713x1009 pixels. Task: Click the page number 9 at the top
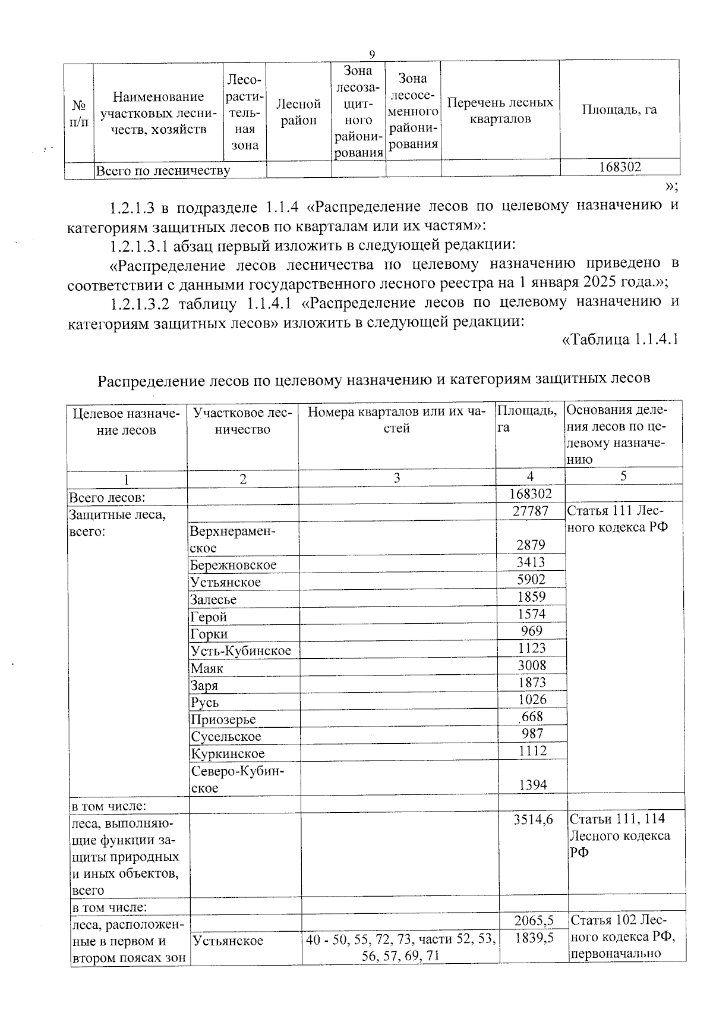click(372, 54)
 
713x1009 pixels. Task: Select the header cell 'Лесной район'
click(298, 112)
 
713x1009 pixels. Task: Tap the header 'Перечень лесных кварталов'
click(500, 111)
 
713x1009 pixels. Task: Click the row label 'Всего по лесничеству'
click(163, 171)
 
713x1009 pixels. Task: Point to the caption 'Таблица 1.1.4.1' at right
click(620, 340)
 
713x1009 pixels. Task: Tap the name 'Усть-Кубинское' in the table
click(241, 650)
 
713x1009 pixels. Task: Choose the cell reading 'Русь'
click(204, 702)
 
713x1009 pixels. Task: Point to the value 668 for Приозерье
click(532, 716)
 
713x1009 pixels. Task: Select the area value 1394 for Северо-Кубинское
click(532, 785)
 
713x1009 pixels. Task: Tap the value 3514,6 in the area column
click(533, 819)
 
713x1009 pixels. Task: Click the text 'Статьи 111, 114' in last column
click(617, 819)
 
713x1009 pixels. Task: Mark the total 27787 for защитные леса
click(530, 511)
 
